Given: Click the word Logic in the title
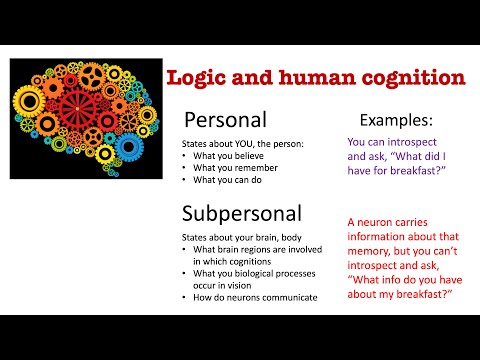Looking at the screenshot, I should [x=199, y=78].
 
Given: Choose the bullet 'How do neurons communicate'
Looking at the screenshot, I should [x=253, y=298].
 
